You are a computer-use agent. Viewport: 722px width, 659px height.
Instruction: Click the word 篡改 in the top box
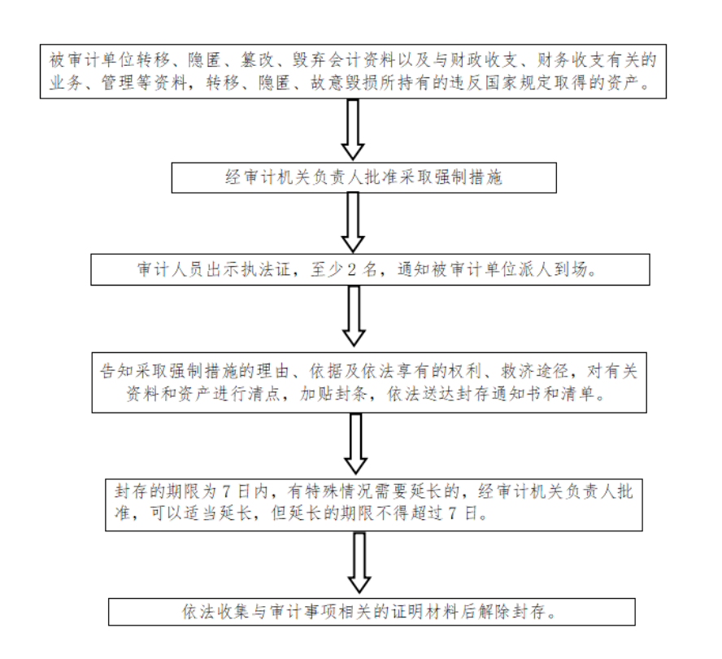click(257, 60)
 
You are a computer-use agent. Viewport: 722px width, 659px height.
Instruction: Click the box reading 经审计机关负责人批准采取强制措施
click(363, 177)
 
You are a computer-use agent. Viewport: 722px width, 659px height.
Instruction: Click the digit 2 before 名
click(351, 270)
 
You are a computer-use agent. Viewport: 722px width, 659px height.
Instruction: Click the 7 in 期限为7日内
click(226, 492)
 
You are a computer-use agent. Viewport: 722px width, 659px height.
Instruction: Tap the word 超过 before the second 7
click(425, 513)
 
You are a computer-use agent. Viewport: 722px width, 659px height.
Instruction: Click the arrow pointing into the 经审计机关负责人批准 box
click(353, 130)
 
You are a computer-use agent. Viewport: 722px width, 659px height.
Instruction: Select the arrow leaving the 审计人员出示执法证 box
click(354, 316)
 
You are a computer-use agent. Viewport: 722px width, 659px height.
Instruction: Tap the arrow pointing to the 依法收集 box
click(359, 563)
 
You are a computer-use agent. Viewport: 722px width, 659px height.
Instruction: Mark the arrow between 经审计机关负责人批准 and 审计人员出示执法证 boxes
click(353, 223)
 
